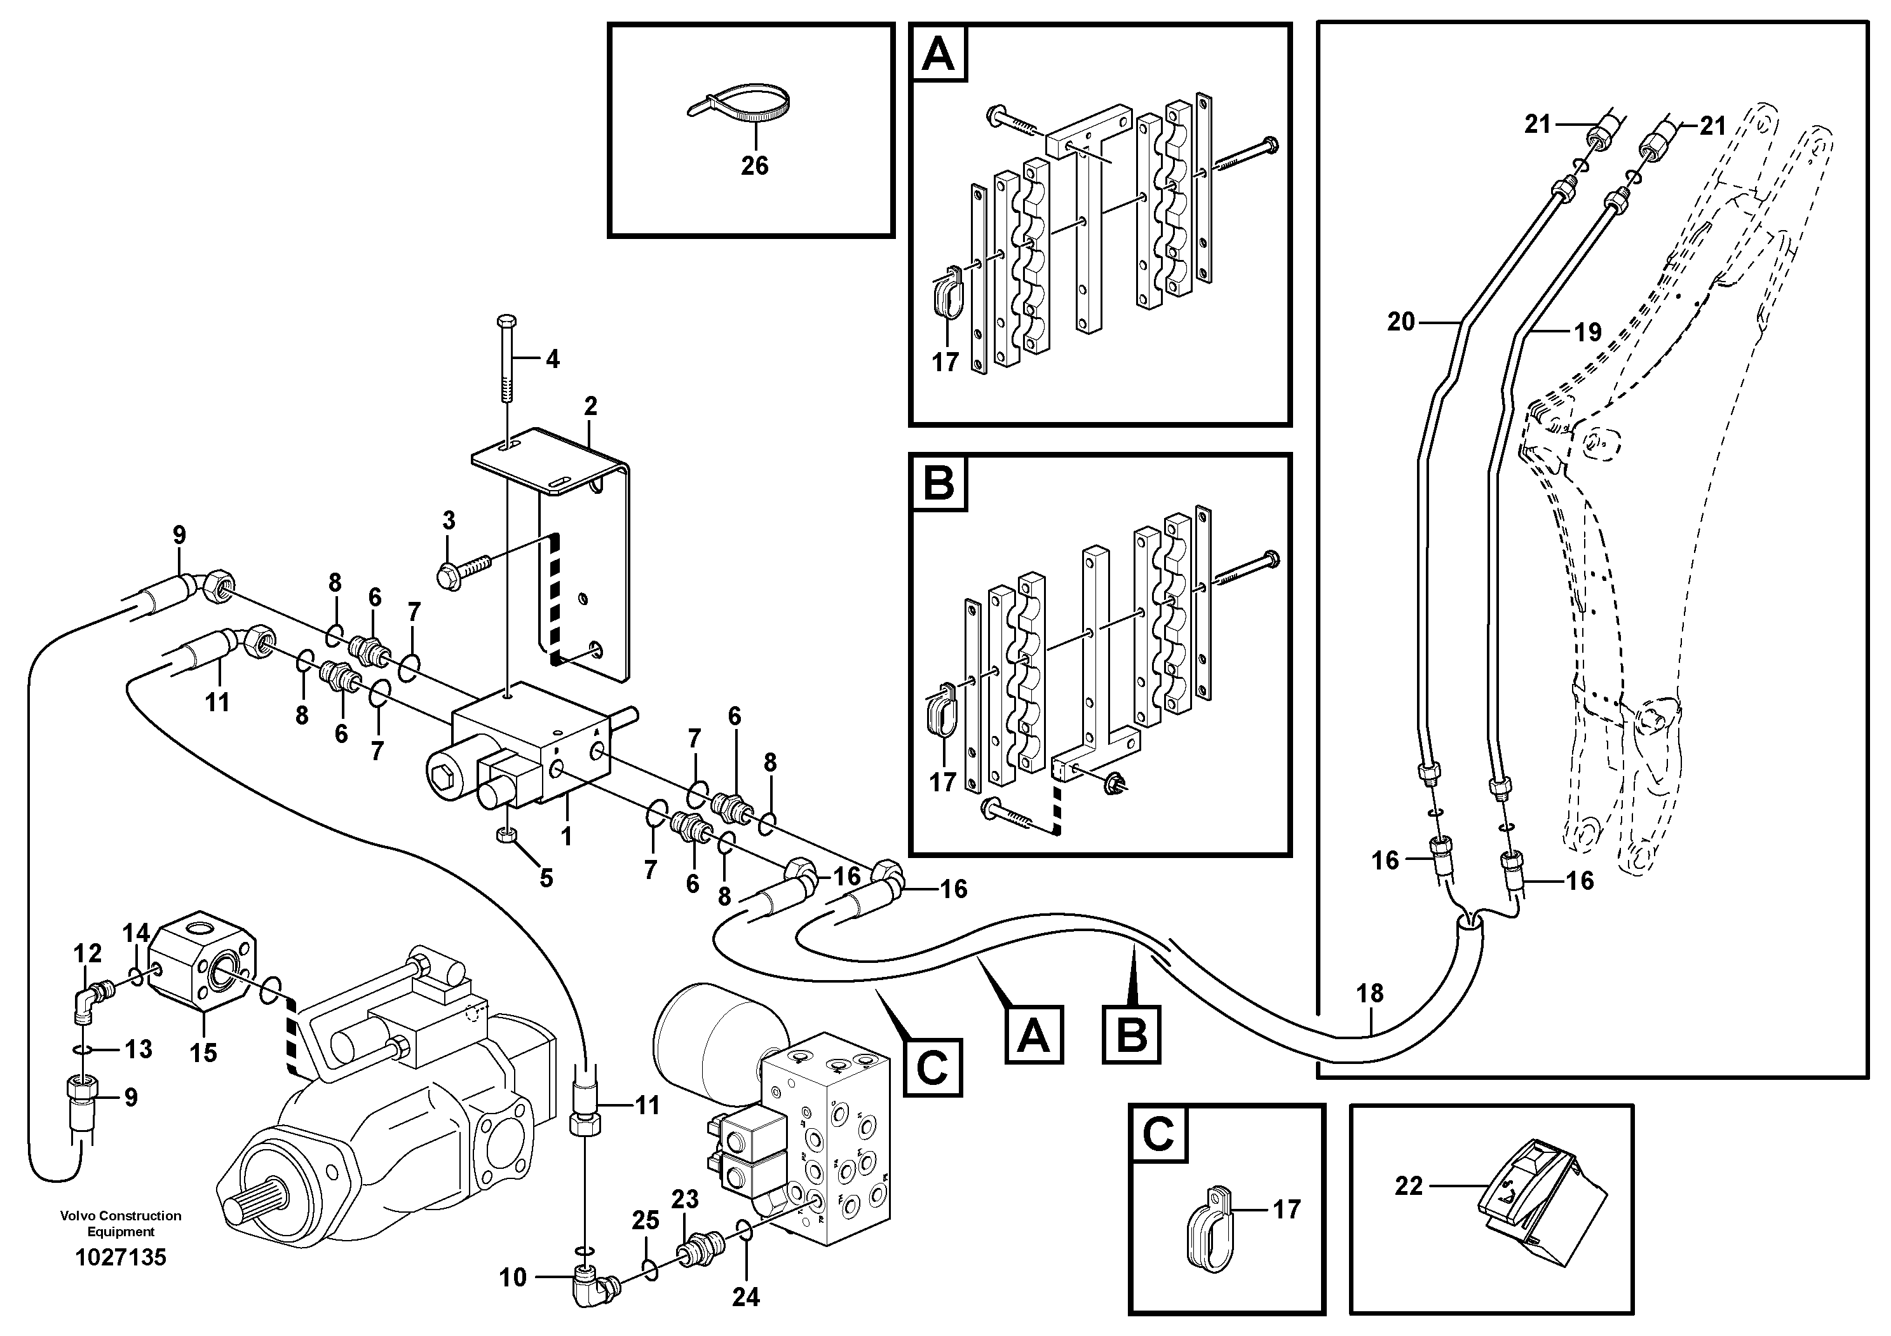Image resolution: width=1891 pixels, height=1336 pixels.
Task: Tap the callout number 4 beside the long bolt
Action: pos(552,359)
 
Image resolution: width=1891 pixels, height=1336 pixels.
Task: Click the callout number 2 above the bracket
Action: pos(590,406)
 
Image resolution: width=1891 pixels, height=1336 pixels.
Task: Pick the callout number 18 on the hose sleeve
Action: pos(1370,993)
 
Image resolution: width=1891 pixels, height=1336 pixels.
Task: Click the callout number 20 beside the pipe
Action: pos(1400,322)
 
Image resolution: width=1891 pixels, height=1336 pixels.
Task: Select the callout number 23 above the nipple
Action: pos(684,1199)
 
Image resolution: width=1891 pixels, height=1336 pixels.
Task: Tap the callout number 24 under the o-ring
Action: pos(745,1297)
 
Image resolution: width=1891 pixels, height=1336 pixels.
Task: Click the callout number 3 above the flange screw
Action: pos(448,521)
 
